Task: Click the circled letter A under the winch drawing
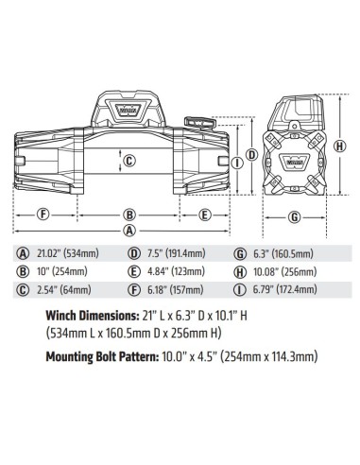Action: click(x=129, y=230)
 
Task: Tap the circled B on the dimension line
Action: click(x=129, y=214)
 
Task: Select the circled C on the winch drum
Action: click(x=129, y=160)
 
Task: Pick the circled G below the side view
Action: click(x=295, y=216)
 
